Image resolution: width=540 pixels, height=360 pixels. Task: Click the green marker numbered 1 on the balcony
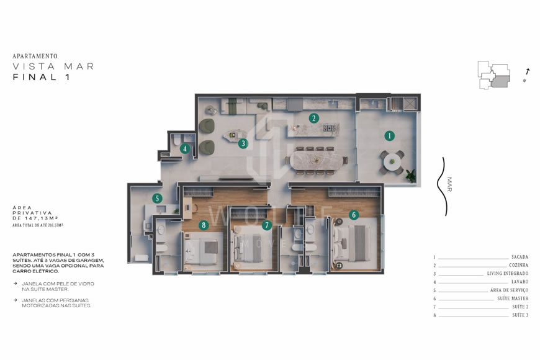pyautogui.click(x=389, y=135)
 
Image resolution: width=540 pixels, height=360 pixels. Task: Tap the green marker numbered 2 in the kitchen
pyautogui.click(x=314, y=118)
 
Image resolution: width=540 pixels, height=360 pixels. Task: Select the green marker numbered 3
pyautogui.click(x=243, y=143)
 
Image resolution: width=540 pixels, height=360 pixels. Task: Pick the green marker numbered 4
pyautogui.click(x=184, y=148)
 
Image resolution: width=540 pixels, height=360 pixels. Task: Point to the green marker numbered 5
pyautogui.click(x=158, y=199)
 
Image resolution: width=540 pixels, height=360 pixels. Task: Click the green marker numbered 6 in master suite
pyautogui.click(x=354, y=215)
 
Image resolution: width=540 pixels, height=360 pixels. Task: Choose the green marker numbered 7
pyautogui.click(x=267, y=225)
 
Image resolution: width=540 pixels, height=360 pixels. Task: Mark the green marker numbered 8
pyautogui.click(x=202, y=225)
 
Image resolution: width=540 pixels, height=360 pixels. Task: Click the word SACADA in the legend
pyautogui.click(x=520, y=257)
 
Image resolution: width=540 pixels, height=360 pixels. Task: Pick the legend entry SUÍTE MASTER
pyautogui.click(x=513, y=299)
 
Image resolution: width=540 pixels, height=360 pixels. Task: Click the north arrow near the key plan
pyautogui.click(x=527, y=73)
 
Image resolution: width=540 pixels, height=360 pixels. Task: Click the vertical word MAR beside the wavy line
pyautogui.click(x=449, y=184)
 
